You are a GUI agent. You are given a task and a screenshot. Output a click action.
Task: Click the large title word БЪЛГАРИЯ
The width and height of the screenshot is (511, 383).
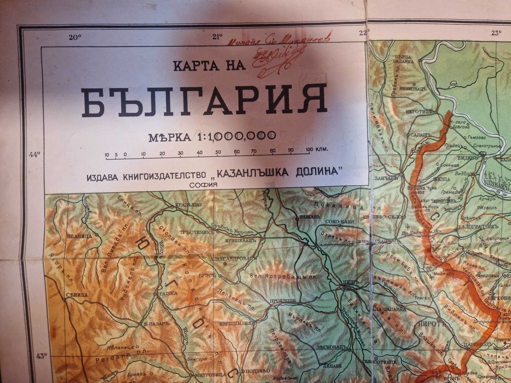pyautogui.click(x=204, y=101)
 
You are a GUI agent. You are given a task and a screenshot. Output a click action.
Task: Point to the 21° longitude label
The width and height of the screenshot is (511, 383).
pyautogui.click(x=217, y=37)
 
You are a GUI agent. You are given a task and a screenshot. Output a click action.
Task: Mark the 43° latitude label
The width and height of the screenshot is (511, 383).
pyautogui.click(x=41, y=356)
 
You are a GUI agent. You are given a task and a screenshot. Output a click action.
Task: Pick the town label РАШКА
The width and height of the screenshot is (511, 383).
pyautogui.click(x=166, y=293)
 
